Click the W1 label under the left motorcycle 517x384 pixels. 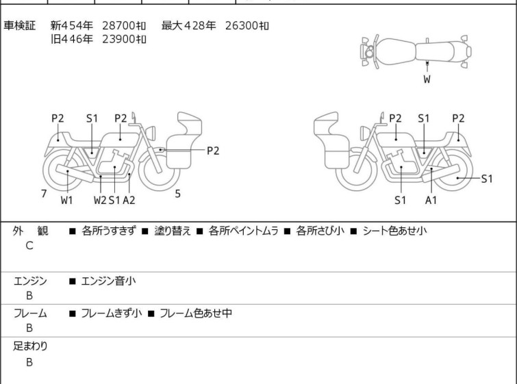click(x=66, y=200)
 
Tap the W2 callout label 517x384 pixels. click(x=100, y=200)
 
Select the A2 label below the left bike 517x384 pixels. click(x=129, y=200)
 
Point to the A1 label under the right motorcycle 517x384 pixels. click(x=431, y=200)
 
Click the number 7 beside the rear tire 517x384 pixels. click(x=44, y=194)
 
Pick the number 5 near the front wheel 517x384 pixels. click(x=177, y=194)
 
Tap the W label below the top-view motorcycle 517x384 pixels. click(x=427, y=79)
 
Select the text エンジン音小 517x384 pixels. click(x=103, y=281)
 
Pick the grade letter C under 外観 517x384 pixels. click(x=29, y=245)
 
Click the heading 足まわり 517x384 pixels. click(x=31, y=346)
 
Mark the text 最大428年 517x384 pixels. click(x=188, y=26)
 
